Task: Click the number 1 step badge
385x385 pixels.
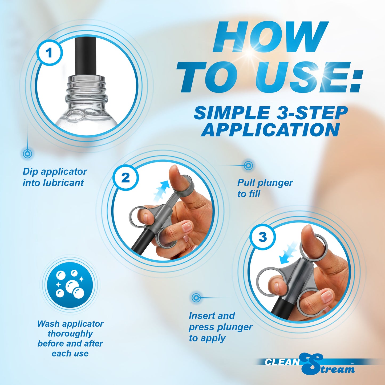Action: (49, 52)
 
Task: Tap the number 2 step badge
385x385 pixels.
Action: (125, 177)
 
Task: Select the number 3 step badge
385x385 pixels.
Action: (262, 237)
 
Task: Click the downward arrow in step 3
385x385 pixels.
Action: (288, 253)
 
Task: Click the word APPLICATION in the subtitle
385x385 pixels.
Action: (270, 130)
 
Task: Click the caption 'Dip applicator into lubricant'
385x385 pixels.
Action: (55, 177)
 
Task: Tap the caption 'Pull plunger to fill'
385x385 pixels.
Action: (265, 188)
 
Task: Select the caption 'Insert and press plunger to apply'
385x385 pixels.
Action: (220, 327)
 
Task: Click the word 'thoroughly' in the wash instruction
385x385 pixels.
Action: (70, 334)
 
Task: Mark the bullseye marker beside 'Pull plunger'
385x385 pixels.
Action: (248, 166)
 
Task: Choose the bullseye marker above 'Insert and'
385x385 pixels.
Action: (196, 298)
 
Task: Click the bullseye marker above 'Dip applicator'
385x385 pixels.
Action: (27, 154)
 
